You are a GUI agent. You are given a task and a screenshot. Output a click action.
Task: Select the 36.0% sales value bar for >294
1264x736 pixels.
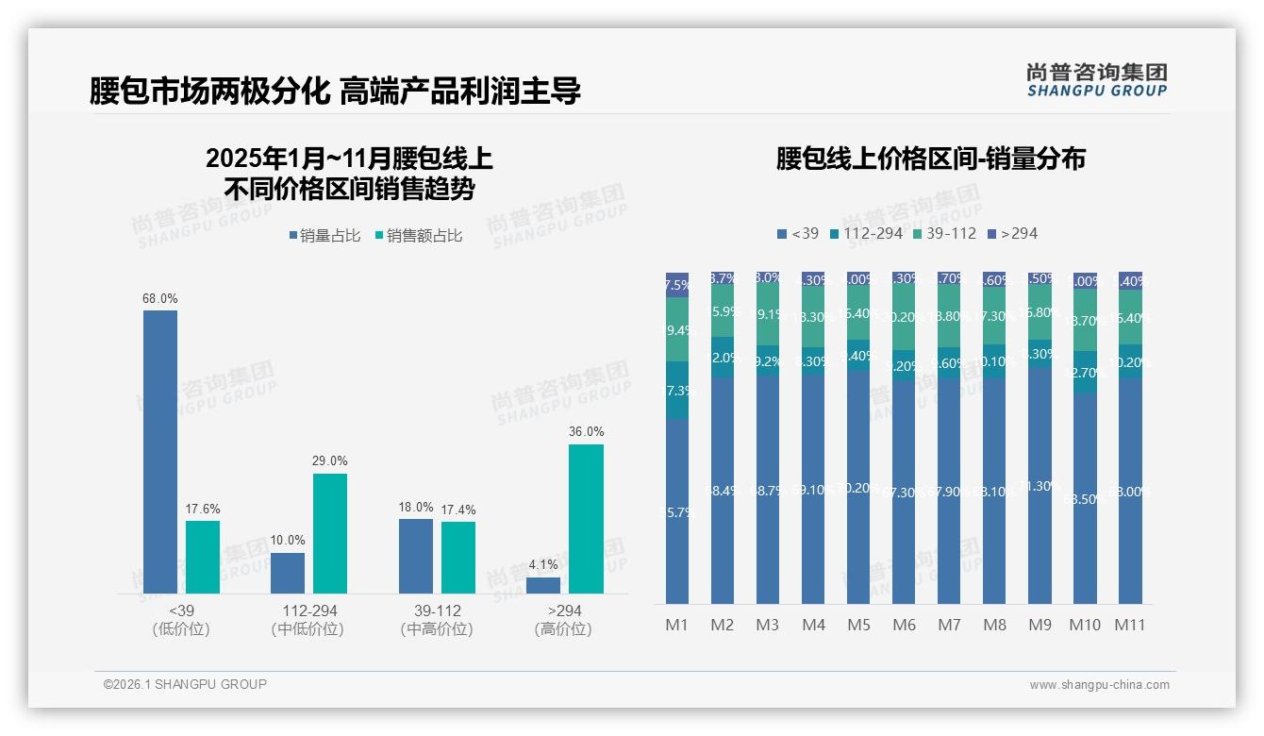pos(586,518)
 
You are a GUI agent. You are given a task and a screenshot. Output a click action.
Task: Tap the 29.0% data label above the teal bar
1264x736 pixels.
pos(329,460)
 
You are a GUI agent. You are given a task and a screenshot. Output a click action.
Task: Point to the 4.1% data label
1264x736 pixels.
pos(543,564)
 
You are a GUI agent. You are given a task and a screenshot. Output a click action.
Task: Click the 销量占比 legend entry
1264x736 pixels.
pos(324,236)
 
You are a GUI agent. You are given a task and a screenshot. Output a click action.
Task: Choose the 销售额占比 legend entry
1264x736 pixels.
pos(419,236)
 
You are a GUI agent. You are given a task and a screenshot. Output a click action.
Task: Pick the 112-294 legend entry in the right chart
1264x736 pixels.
pos(865,233)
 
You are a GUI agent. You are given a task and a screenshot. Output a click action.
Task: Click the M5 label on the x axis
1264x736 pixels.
pos(858,625)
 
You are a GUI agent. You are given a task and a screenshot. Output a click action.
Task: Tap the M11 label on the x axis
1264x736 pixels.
pos(1130,625)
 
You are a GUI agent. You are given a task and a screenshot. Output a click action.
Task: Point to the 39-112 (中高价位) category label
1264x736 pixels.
pos(437,620)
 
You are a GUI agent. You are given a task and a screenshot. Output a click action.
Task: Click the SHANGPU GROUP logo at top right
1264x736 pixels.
pos(1096,80)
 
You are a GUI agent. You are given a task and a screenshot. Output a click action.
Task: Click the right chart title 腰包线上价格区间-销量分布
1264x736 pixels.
pos(930,159)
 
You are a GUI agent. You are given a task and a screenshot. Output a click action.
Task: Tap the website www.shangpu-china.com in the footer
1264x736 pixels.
pos(1099,684)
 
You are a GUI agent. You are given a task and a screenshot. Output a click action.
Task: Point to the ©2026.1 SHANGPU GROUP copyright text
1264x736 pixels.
pos(185,684)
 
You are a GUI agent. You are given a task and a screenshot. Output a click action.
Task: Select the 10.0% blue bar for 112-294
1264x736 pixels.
pos(288,573)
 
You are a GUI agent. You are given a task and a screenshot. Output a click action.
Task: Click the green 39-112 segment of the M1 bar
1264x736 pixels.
pos(677,329)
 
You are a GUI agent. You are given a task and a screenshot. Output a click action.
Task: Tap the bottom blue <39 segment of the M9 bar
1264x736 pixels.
pos(1039,486)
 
